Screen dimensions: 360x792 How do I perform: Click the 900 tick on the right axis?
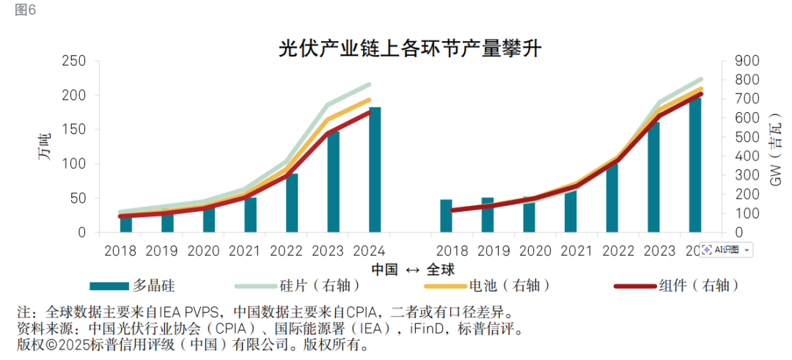click(x=737, y=61)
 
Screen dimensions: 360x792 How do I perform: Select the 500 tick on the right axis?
click(x=737, y=137)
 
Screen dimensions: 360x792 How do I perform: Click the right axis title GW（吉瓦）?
click(x=776, y=146)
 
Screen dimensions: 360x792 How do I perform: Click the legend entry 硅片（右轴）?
click(x=315, y=285)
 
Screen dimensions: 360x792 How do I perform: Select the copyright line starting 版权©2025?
click(x=191, y=344)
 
